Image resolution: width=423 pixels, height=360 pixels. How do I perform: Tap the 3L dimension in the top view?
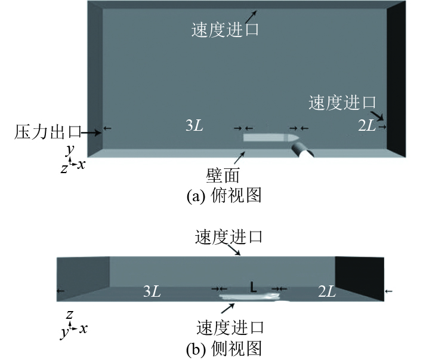click(194, 126)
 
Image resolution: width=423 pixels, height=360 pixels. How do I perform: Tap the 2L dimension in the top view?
click(366, 126)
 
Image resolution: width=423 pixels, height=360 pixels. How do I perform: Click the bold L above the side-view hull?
click(254, 288)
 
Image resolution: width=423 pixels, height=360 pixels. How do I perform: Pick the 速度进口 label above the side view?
click(229, 237)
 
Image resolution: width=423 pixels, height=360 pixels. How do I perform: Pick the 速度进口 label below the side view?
click(229, 327)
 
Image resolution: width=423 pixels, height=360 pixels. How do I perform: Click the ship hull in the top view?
click(265, 138)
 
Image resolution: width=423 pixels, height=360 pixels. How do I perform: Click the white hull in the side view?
click(248, 296)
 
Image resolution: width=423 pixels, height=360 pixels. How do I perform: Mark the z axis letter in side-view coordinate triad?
click(70, 313)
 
